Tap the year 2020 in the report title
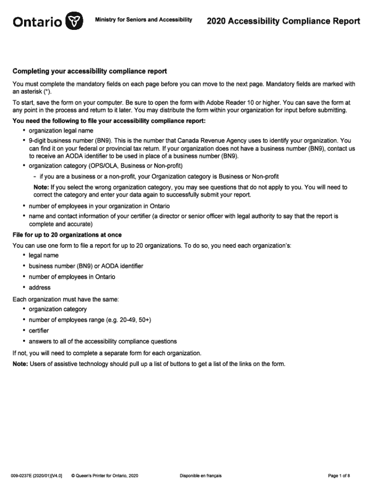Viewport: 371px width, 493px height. click(x=217, y=21)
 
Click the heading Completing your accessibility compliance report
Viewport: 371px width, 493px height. click(x=90, y=71)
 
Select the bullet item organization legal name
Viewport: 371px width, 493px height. click(x=61, y=130)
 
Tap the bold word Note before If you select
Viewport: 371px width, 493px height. click(x=41, y=187)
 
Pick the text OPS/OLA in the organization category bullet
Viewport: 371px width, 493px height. click(x=103, y=166)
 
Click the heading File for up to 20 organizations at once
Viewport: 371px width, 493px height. click(x=67, y=235)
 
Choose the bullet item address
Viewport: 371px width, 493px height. click(x=40, y=287)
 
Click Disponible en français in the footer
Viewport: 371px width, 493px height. click(x=200, y=476)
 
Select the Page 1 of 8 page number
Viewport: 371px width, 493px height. click(x=339, y=476)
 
